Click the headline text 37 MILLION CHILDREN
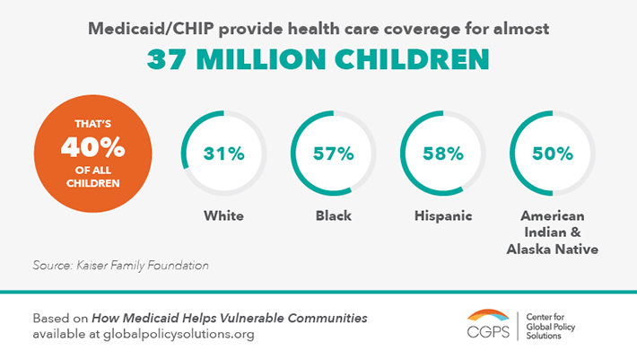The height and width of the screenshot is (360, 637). [318, 59]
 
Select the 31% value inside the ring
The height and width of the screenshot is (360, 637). [223, 153]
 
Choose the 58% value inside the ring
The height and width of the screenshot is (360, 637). [443, 153]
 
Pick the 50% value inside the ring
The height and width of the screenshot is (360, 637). [553, 153]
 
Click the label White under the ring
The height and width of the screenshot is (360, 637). [223, 216]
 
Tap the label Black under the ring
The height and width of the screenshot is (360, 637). [334, 216]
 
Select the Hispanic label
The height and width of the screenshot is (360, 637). [443, 216]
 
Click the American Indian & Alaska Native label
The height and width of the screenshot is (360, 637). [553, 232]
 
